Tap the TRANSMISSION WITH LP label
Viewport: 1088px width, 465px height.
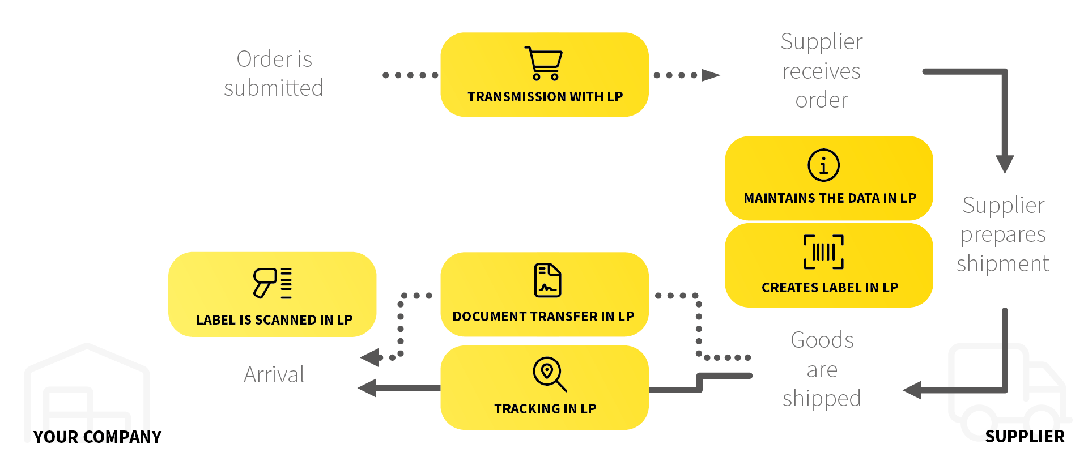tap(545, 97)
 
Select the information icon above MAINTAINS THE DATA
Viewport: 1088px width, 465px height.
tap(823, 165)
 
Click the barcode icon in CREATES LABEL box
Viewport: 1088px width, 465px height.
tap(823, 252)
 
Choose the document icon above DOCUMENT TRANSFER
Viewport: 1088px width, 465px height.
tap(547, 280)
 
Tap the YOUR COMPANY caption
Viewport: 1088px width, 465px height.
tap(97, 437)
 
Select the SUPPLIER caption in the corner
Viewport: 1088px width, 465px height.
tap(1025, 436)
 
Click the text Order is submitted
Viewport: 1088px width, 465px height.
tap(274, 74)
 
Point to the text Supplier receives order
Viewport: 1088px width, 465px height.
tap(822, 71)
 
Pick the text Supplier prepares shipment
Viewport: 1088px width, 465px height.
tap(1003, 234)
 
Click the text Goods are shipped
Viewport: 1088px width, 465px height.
tap(822, 369)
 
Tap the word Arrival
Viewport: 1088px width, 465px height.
tap(274, 374)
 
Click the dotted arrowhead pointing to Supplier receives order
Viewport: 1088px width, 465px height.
tap(711, 75)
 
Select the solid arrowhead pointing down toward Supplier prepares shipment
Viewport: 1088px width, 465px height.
tap(1005, 164)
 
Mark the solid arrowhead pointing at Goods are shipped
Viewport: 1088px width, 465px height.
tap(912, 390)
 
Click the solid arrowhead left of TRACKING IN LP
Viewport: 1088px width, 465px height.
tap(368, 388)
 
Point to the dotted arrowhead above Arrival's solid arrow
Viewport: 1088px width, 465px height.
tap(371, 357)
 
